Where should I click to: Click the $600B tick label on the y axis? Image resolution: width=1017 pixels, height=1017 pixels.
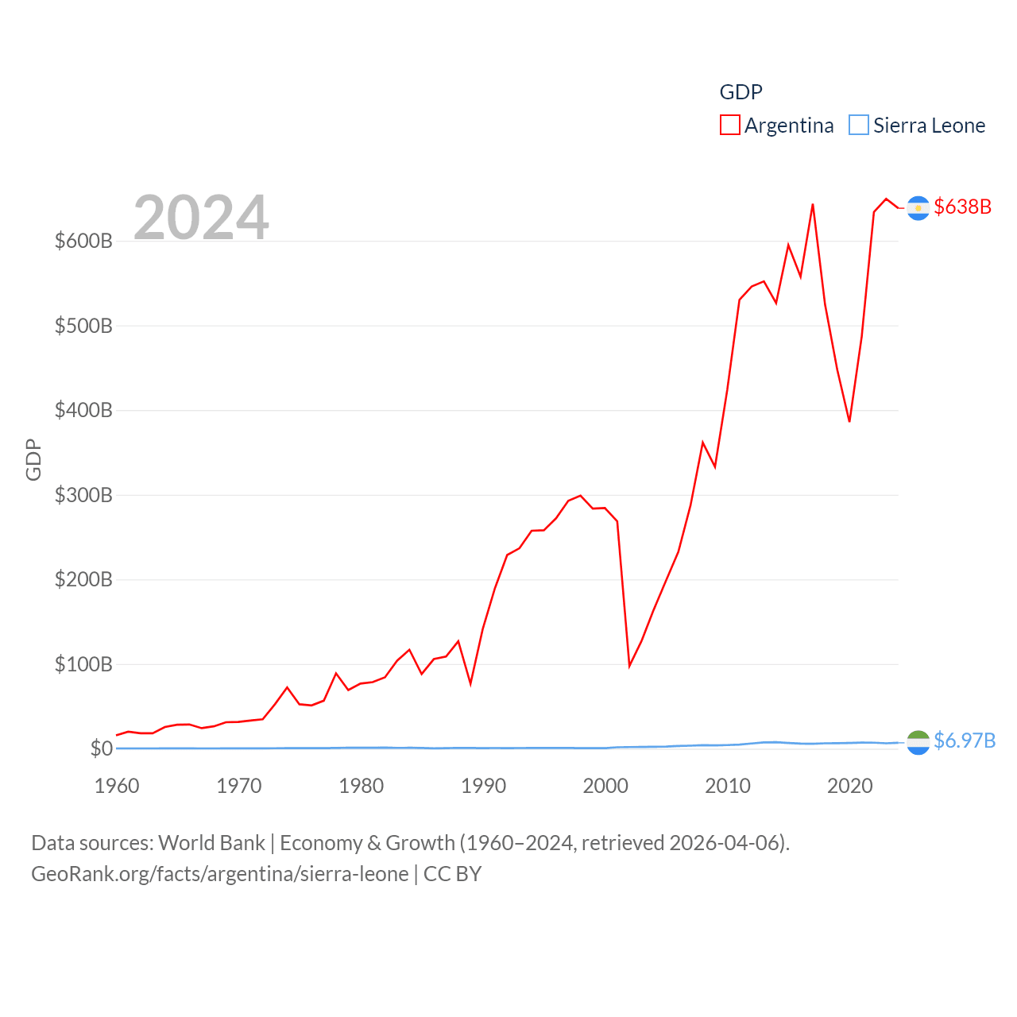[x=83, y=241]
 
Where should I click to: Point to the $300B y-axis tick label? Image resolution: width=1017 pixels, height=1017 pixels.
[x=83, y=495]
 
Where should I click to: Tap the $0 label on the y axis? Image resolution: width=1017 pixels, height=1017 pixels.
[x=101, y=748]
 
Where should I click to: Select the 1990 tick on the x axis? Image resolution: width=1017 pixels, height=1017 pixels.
[x=483, y=786]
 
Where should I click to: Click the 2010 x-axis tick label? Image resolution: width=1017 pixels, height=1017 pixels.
[x=728, y=786]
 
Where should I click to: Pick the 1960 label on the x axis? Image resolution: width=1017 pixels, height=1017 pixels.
[x=117, y=786]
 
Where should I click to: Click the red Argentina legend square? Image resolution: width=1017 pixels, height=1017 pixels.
[x=729, y=126]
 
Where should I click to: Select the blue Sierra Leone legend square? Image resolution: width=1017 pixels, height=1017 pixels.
[x=858, y=126]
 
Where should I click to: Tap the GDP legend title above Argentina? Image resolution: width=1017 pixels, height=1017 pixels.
[x=741, y=92]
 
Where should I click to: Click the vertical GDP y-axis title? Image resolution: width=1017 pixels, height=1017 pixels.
[x=33, y=459]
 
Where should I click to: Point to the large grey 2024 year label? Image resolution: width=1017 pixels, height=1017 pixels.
[x=201, y=218]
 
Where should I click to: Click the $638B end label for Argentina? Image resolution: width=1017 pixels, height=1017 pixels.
[x=963, y=207]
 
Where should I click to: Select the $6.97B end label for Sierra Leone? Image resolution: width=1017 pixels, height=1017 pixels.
[x=965, y=741]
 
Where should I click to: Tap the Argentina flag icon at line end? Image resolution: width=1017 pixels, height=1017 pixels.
[x=918, y=208]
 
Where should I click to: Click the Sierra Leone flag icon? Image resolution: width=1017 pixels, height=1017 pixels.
[x=918, y=742]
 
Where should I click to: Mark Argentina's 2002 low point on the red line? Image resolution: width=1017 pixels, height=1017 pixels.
[x=629, y=665]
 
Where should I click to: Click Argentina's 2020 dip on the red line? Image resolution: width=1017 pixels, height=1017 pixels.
[x=849, y=421]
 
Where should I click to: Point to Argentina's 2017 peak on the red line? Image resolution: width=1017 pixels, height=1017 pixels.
[x=812, y=205]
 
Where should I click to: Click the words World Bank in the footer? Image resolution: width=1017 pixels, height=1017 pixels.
[x=211, y=842]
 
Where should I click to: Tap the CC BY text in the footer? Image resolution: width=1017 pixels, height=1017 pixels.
[x=452, y=874]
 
